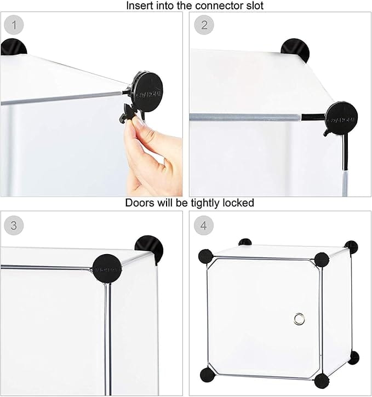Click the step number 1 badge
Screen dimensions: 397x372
pyautogui.click(x=14, y=26)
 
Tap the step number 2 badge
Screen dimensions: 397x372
pyautogui.click(x=204, y=25)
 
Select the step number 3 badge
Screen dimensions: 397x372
pyautogui.click(x=14, y=226)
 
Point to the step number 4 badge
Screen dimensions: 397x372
pyautogui.click(x=204, y=226)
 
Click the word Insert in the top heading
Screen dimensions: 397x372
pyautogui.click(x=140, y=6)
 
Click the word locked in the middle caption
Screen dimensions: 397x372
pyautogui.click(x=237, y=203)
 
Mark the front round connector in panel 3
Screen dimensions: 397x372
pyautogui.click(x=107, y=269)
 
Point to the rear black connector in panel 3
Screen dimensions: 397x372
pyautogui.click(x=148, y=249)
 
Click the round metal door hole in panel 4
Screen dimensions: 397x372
pyautogui.click(x=299, y=318)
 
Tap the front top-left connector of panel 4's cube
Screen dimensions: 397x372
pyautogui.click(x=206, y=256)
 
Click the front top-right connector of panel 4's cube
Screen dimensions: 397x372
pyautogui.click(x=322, y=260)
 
